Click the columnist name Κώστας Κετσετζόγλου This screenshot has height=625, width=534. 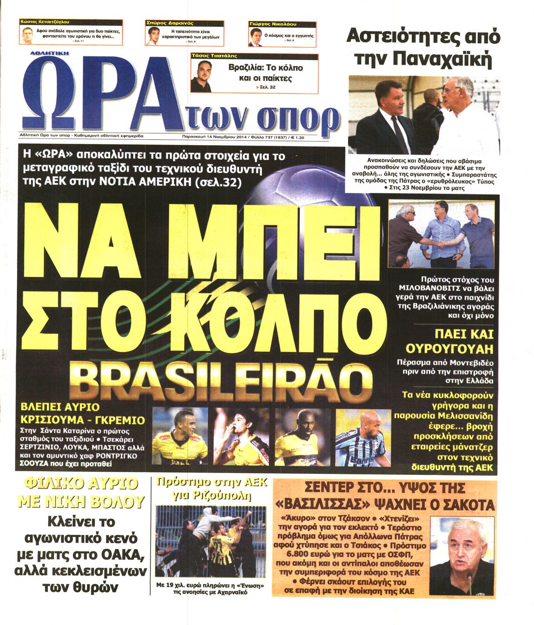click(x=45, y=21)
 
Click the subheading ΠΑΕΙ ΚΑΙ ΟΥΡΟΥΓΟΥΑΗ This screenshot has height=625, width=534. click(x=451, y=342)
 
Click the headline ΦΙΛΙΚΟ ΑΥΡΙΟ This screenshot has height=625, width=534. click(x=80, y=484)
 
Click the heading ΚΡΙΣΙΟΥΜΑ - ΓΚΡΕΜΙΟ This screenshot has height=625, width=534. click(x=82, y=420)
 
